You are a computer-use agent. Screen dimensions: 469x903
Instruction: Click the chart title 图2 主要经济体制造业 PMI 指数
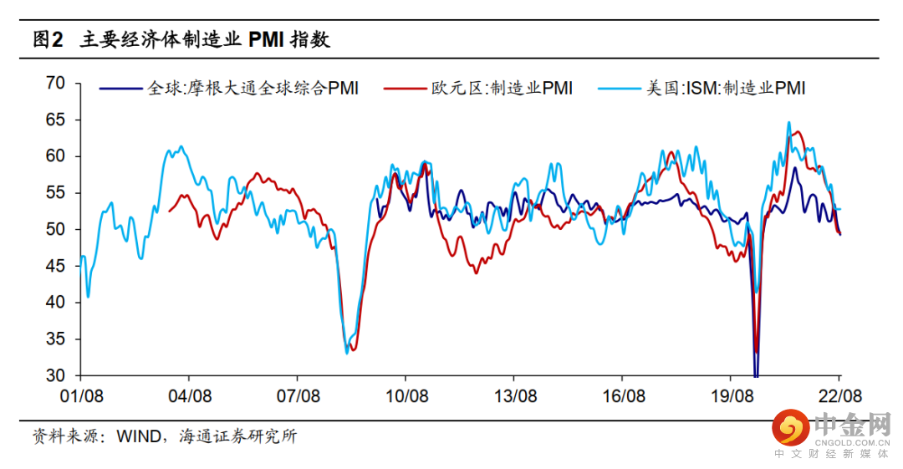[x=181, y=38]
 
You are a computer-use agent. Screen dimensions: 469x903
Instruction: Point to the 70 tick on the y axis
[x=56, y=83]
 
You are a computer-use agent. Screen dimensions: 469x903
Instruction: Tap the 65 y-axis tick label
[x=56, y=120]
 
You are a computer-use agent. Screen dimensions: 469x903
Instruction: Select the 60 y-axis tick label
[x=56, y=156]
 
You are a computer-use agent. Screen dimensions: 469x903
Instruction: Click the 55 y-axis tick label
[x=56, y=193]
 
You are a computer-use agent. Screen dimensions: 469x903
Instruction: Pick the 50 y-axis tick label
[x=56, y=229]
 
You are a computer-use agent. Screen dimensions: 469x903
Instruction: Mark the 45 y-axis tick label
[x=56, y=266]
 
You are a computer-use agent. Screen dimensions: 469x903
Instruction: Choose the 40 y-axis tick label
[x=56, y=303]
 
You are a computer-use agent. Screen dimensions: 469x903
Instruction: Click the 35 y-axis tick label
[x=56, y=339]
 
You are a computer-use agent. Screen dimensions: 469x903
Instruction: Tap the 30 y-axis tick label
[x=56, y=375]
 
